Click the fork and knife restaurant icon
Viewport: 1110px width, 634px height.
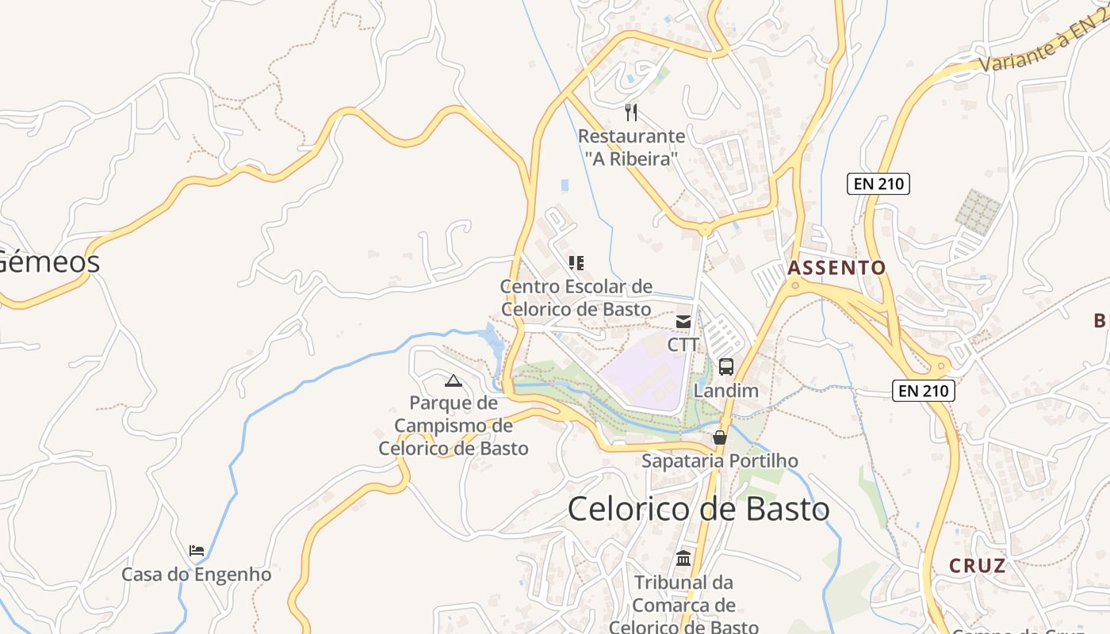[631, 112]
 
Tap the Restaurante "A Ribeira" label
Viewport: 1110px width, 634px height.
[631, 147]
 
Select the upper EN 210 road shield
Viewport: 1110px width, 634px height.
[878, 184]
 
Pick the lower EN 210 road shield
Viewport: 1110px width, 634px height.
[923, 390]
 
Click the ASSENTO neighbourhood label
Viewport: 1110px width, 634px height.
[836, 268]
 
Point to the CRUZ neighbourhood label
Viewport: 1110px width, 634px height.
[978, 566]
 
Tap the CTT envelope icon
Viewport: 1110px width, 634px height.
[683, 322]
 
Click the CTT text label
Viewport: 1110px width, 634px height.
[683, 345]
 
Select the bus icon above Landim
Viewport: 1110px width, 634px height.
[725, 367]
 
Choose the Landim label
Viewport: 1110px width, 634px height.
[725, 391]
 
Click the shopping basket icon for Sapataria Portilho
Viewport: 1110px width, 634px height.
[720, 437]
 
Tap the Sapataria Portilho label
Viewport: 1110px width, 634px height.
[720, 460]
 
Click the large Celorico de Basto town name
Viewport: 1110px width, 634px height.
[699, 509]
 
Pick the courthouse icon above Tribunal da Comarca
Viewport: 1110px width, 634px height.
[683, 558]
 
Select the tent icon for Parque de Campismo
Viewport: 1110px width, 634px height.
[454, 380]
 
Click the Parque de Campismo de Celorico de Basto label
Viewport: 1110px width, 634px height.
[454, 426]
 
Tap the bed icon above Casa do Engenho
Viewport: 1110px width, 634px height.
[197, 550]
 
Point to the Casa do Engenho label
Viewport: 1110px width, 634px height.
[197, 575]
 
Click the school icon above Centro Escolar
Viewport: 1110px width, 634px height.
[576, 263]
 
